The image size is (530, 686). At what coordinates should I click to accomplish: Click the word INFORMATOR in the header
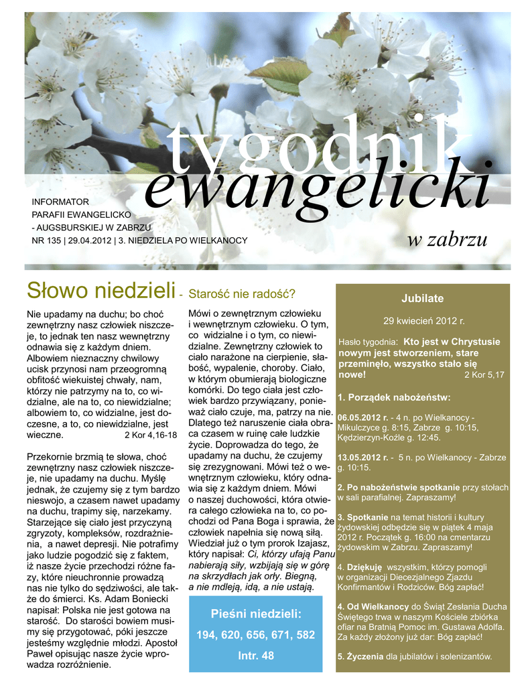60,201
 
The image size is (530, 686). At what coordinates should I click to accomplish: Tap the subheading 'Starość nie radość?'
243,293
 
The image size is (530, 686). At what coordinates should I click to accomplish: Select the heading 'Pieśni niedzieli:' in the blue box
255,614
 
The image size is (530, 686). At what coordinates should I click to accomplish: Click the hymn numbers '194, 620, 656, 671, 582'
255,634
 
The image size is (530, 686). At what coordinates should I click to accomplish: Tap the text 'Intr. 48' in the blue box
255,656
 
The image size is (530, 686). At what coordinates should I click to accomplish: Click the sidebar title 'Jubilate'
422,298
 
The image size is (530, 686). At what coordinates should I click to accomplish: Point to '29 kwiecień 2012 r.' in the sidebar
423,321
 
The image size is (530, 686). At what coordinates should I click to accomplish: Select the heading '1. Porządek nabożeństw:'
394,397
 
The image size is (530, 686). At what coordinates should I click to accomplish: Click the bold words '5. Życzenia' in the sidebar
360,657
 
